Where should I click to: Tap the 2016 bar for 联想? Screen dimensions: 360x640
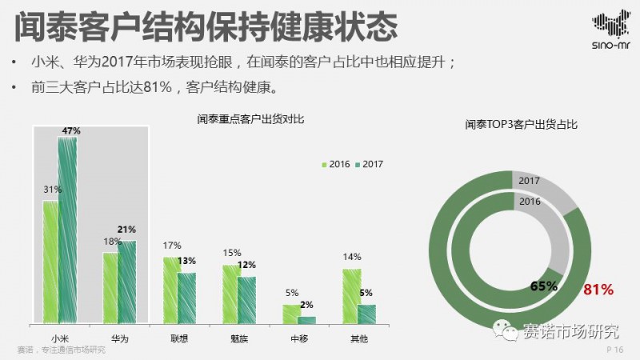coord(170,290)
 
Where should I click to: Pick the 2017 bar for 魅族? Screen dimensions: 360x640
coord(246,300)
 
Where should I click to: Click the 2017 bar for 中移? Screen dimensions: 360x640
coord(306,320)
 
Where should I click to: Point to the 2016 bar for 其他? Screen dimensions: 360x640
coord(351,296)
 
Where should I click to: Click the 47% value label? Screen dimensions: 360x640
coord(71,130)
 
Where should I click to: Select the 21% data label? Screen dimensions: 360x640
coord(126,230)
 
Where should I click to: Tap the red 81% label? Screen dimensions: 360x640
coord(598,289)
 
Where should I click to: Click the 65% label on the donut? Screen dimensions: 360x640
coord(545,286)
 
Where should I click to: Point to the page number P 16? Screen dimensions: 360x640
coord(614,350)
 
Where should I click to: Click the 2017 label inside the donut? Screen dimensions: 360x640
coord(528,181)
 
